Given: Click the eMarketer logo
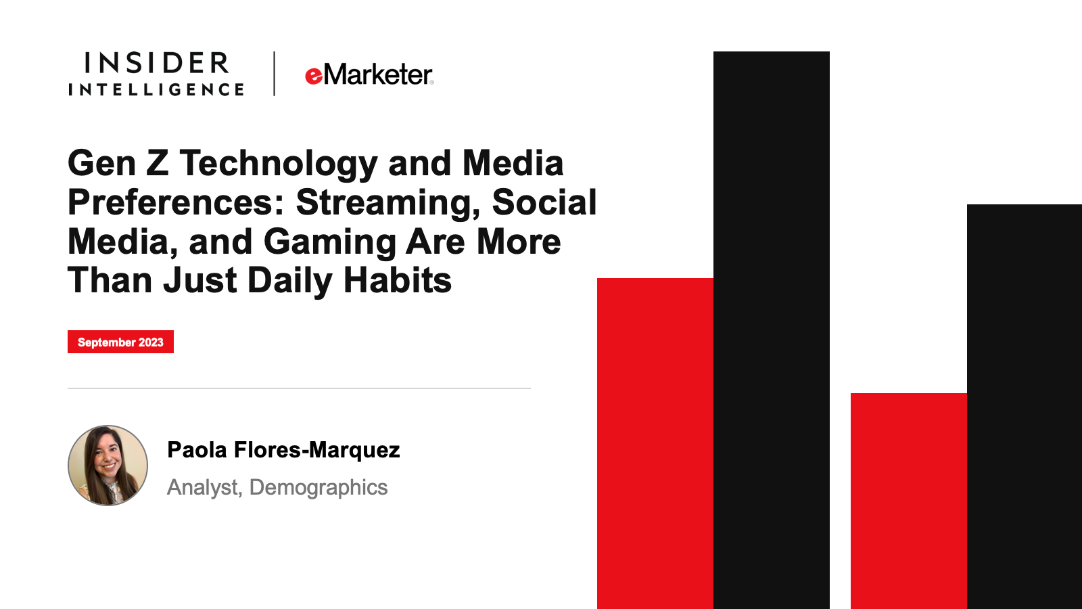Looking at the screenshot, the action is point(369,74).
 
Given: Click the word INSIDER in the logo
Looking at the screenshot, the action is point(156,64).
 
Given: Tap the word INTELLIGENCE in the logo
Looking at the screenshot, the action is point(156,89).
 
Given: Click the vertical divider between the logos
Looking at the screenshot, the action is point(275,74).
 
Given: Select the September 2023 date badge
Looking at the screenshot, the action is point(121,342).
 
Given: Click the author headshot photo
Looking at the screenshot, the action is point(108,466).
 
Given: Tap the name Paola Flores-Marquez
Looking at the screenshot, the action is point(283,449).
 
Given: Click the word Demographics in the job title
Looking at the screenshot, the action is point(319,487).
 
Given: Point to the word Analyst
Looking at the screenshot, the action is point(204,487).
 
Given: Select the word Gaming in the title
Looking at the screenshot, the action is point(330,242).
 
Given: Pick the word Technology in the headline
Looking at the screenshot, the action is point(279,163).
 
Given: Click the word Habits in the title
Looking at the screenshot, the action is point(398,280).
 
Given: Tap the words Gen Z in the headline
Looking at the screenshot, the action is point(118,163).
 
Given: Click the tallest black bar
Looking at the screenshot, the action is point(772,330).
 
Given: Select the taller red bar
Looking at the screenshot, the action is point(655,444).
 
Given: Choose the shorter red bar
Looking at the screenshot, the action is point(909,501).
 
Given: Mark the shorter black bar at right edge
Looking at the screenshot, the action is point(1025,407).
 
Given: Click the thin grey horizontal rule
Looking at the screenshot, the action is point(299,388).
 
